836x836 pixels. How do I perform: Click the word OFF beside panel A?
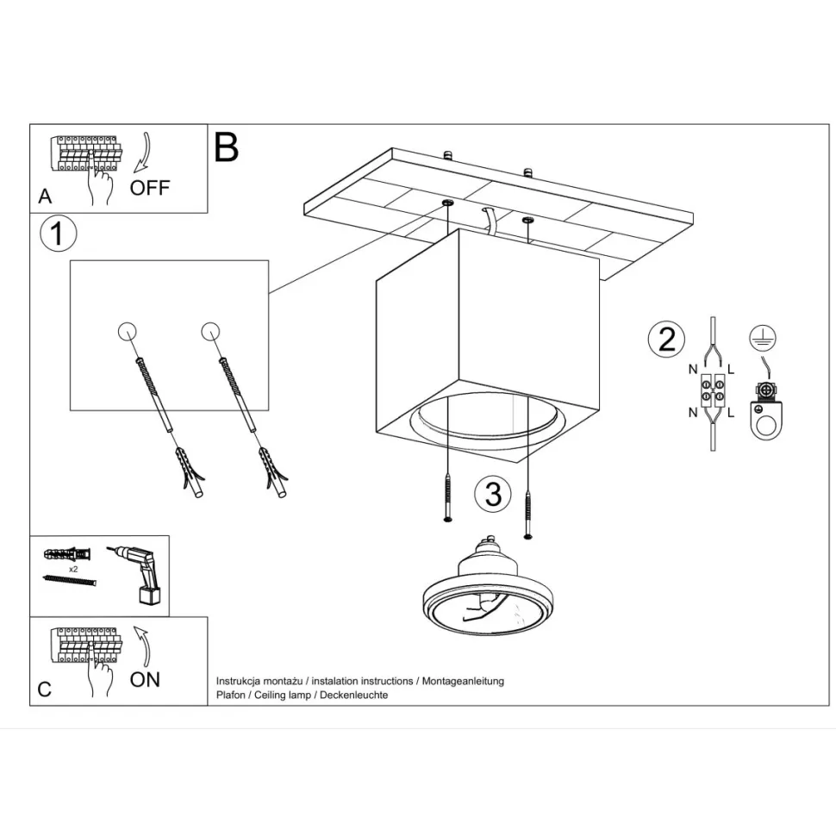[x=150, y=188]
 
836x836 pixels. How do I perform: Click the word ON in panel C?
[x=145, y=680]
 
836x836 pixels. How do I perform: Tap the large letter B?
[x=226, y=147]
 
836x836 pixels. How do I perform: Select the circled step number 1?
[x=58, y=234]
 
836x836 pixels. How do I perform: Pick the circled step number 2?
[x=666, y=339]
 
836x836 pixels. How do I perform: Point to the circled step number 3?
[x=493, y=494]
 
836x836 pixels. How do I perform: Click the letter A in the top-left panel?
[x=46, y=197]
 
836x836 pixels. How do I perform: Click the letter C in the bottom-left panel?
[x=45, y=689]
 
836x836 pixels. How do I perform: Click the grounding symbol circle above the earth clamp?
[x=763, y=338]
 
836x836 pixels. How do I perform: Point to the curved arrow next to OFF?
[x=143, y=153]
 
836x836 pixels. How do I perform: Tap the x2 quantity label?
[x=73, y=570]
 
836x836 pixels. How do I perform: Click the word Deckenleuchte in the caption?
[x=354, y=696]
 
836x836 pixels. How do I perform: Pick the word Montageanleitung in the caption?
[x=463, y=682]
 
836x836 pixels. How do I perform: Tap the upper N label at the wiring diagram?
[x=693, y=369]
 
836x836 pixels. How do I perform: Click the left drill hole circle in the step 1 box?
[x=127, y=331]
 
